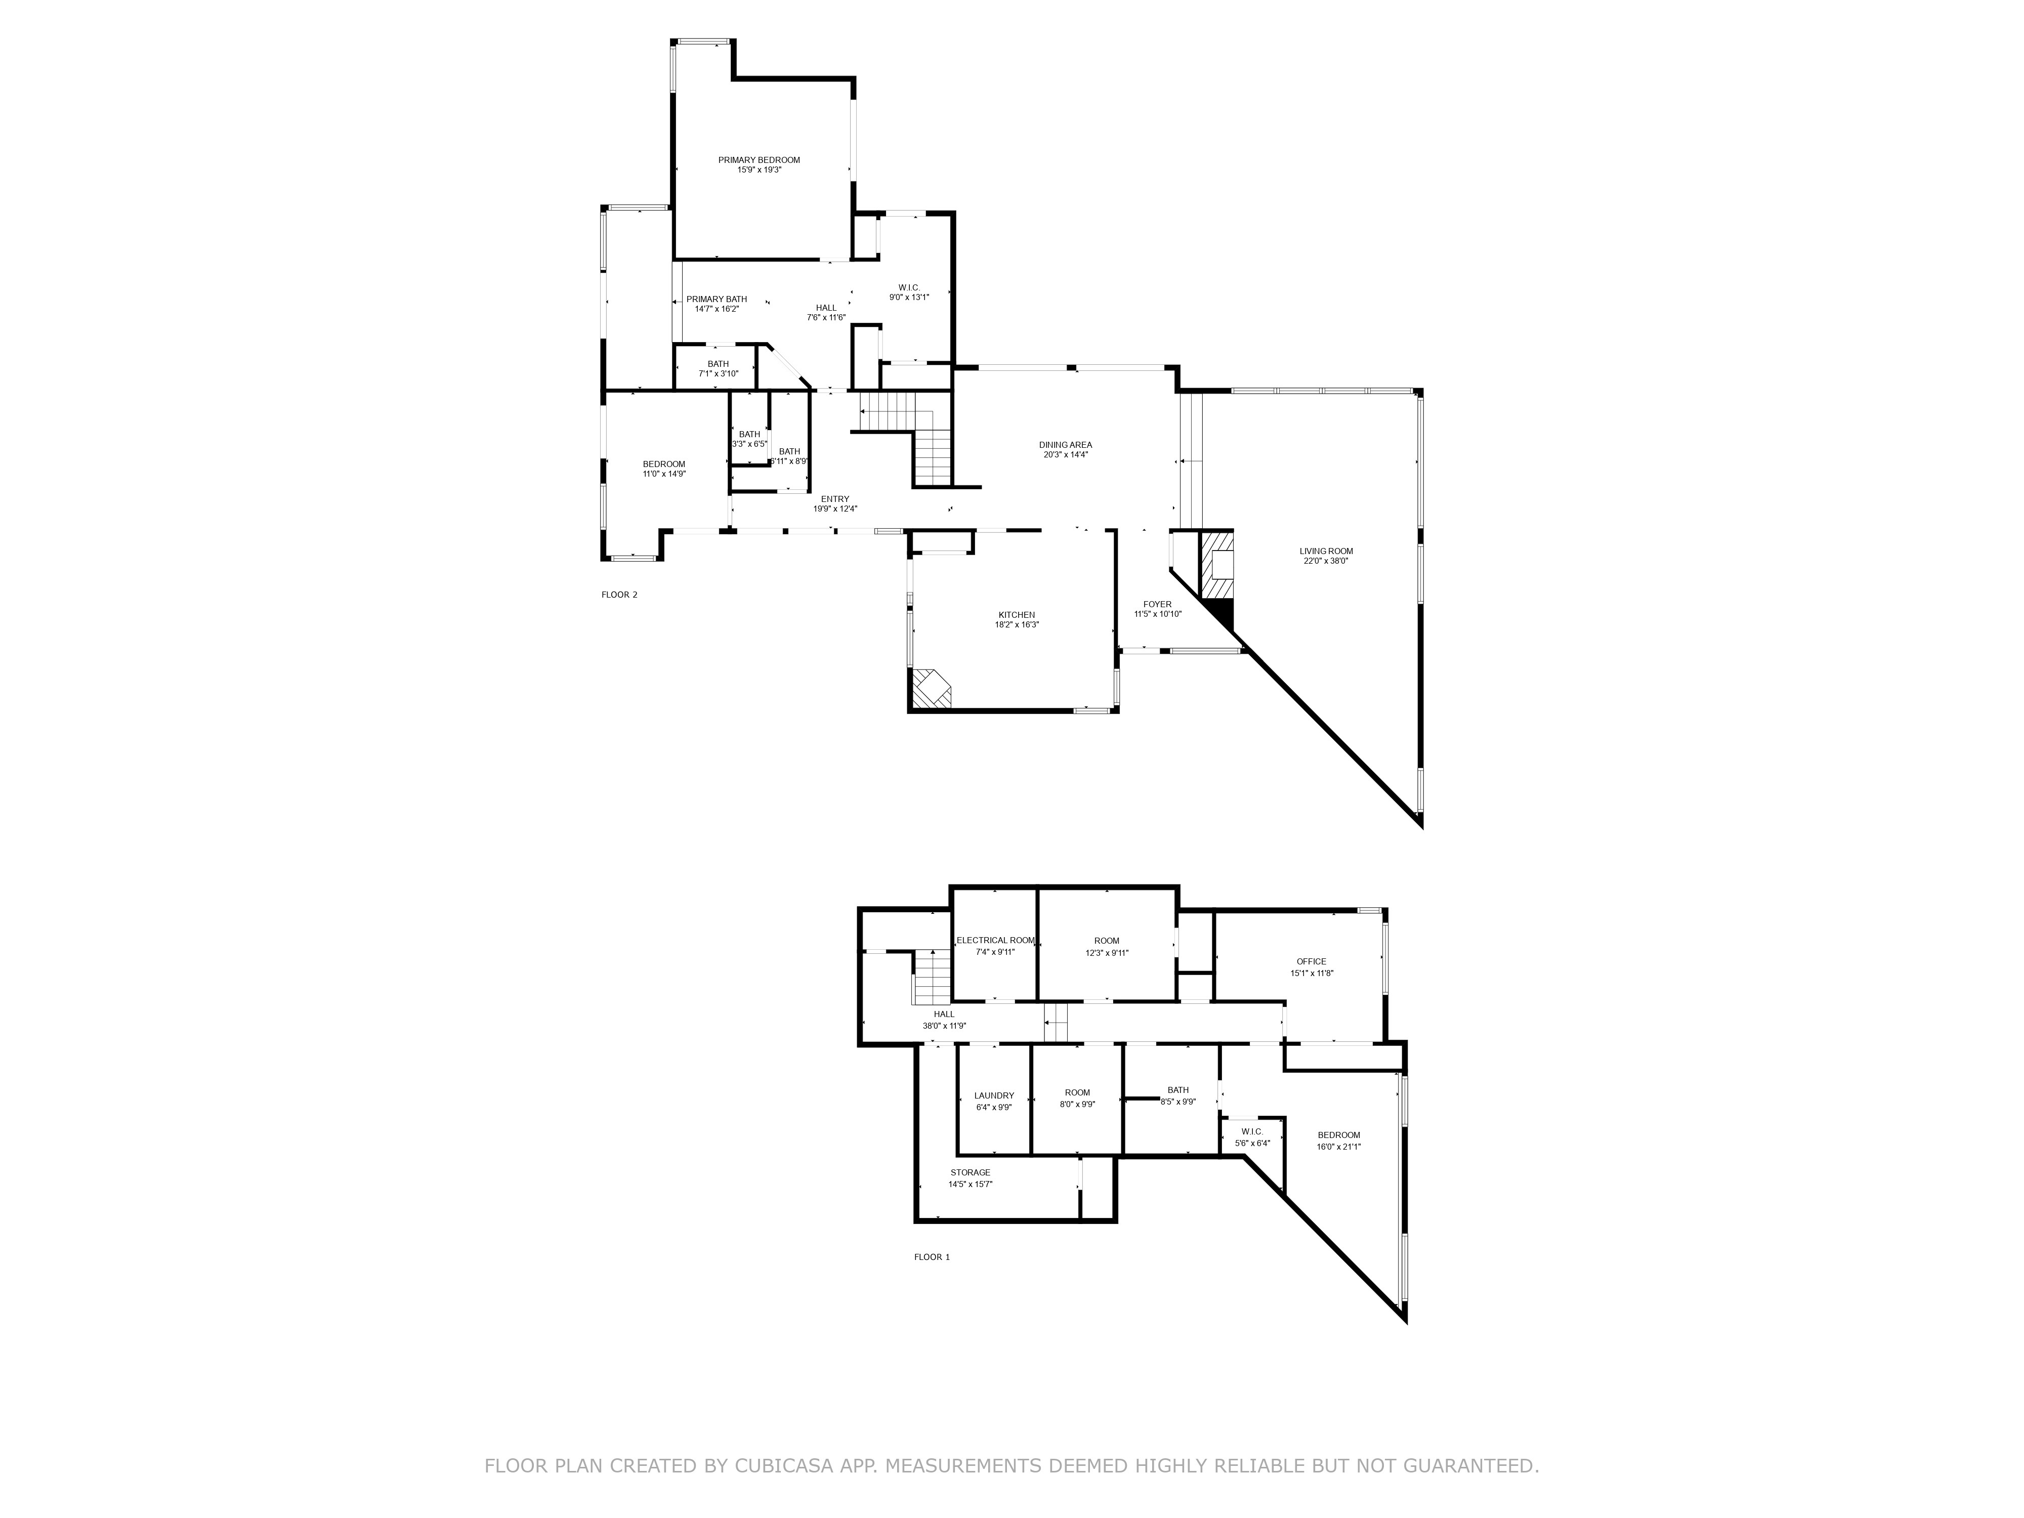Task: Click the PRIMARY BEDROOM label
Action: point(758,160)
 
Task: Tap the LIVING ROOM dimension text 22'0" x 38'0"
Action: point(1326,561)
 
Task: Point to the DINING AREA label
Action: point(1065,445)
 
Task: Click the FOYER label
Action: point(1158,604)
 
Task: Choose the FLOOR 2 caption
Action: point(619,595)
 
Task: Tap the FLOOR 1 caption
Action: point(932,1257)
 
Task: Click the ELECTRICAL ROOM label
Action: point(995,941)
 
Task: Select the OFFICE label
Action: point(1311,962)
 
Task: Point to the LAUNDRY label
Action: point(994,1095)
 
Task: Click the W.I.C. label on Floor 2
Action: point(909,287)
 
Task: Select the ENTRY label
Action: point(834,499)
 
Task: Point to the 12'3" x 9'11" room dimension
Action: point(1106,952)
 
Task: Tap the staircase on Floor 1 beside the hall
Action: point(933,977)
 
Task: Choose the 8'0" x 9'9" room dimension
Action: point(1077,1105)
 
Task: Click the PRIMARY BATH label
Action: point(716,299)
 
